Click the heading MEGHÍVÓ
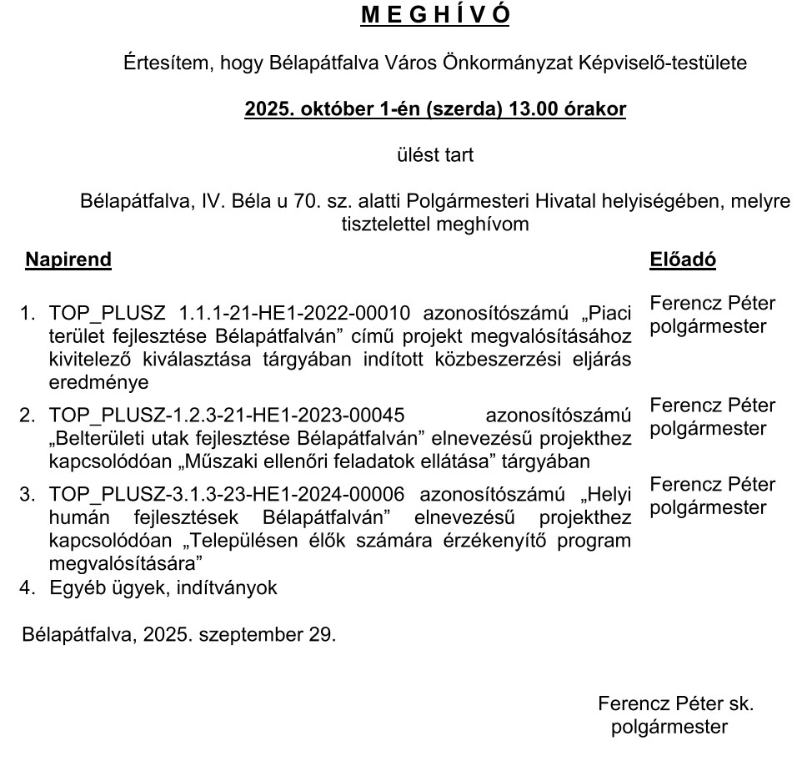(x=434, y=16)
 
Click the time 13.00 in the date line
(x=524, y=109)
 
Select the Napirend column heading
(x=68, y=260)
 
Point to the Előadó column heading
(x=683, y=260)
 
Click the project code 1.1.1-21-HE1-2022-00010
(x=295, y=314)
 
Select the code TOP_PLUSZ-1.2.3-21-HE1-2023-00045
(x=227, y=415)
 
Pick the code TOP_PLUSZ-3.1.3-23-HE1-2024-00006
(x=227, y=494)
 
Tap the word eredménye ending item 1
(x=99, y=383)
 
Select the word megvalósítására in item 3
(x=122, y=562)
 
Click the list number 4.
(x=28, y=587)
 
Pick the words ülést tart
(x=434, y=154)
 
